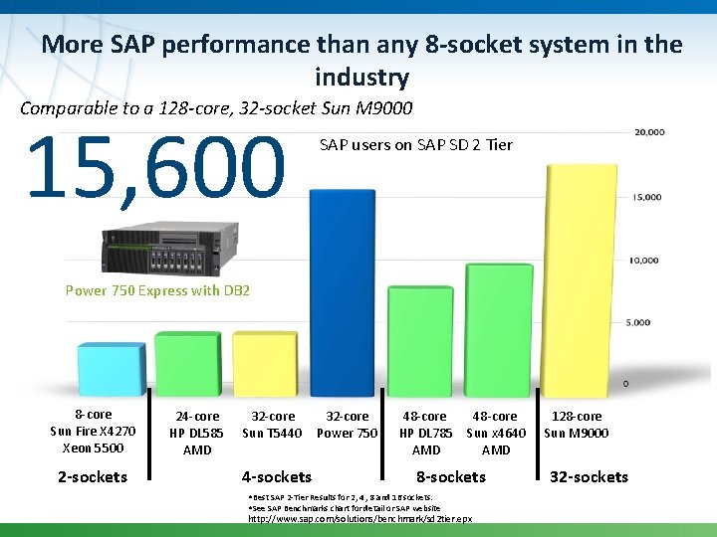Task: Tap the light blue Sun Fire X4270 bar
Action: pos(111,368)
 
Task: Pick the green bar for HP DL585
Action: pos(187,363)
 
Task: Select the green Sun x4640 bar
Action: pos(499,328)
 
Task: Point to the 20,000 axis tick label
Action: pos(649,132)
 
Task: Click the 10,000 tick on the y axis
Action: pos(645,261)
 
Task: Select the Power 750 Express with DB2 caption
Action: pos(157,291)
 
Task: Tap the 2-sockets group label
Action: pos(93,477)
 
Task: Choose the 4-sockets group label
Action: pos(277,477)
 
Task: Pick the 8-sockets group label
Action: pos(451,477)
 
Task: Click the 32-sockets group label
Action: pos(590,477)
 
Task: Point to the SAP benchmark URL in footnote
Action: pos(360,519)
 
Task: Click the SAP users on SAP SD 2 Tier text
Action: pos(415,145)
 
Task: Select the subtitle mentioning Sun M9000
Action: pos(216,107)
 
